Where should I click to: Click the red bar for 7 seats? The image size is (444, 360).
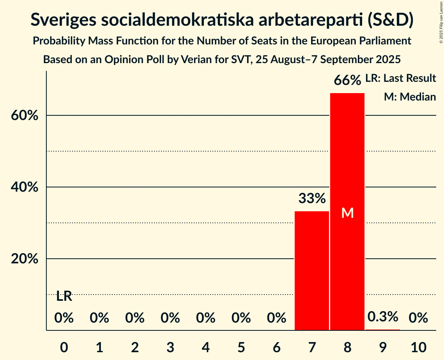pyautogui.click(x=311, y=270)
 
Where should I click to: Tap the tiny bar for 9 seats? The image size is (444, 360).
pyautogui.click(x=383, y=330)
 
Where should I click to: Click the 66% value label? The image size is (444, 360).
pyautogui.click(x=347, y=81)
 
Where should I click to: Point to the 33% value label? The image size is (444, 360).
pyautogui.click(x=312, y=199)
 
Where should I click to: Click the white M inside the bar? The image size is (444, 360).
pyautogui.click(x=347, y=213)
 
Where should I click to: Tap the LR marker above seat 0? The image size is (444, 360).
pyautogui.click(x=64, y=296)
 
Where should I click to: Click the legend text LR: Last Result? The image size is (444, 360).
pyautogui.click(x=400, y=78)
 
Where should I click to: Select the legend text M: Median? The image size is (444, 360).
pyautogui.click(x=410, y=97)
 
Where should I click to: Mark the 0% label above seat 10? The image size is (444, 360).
pyautogui.click(x=418, y=318)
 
